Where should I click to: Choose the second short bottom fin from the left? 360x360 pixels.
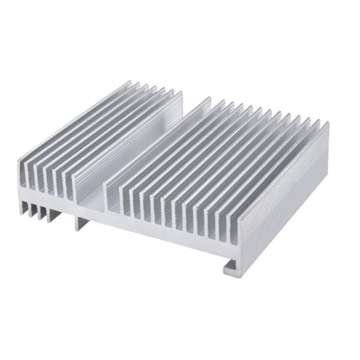click(34, 210)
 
